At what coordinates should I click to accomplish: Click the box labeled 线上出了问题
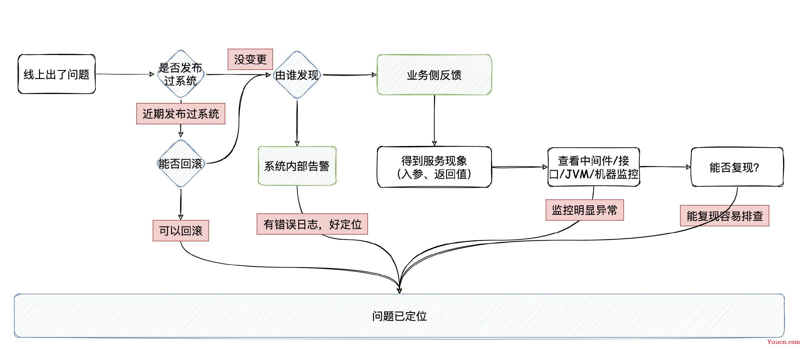[57, 74]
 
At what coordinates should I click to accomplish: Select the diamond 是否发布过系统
[181, 74]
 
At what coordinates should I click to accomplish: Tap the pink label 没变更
[250, 59]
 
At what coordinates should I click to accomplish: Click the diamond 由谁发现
[297, 75]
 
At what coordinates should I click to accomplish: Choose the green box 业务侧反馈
[434, 75]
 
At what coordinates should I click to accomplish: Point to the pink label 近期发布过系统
[181, 114]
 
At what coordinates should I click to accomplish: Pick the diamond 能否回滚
[181, 163]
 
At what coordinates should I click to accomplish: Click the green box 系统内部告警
[297, 166]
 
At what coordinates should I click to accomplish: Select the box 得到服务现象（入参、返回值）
[434, 167]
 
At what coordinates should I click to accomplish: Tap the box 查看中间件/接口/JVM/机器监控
[594, 167]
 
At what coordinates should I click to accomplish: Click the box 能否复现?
[737, 167]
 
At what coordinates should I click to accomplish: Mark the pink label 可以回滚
[181, 231]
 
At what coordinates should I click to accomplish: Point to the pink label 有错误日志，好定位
[312, 224]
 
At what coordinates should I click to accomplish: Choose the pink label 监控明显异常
[585, 210]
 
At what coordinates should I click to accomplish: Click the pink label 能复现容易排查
[725, 216]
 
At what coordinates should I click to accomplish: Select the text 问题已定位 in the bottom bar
[399, 316]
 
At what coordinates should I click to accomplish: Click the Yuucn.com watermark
[783, 342]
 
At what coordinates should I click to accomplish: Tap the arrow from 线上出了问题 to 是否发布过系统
[125, 74]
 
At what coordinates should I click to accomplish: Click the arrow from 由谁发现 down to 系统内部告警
[297, 123]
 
